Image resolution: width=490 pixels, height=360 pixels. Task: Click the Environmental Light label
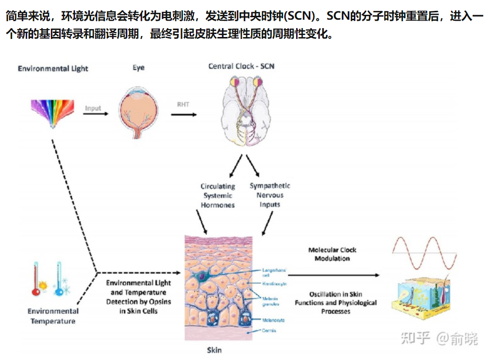(53, 68)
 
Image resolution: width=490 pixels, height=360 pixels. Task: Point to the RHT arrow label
(183, 105)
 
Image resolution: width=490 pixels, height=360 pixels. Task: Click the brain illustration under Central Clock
(246, 111)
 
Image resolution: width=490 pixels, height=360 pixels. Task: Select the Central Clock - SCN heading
(241, 66)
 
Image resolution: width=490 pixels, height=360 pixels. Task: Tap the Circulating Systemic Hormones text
(218, 195)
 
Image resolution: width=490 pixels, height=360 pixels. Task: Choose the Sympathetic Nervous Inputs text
(269, 195)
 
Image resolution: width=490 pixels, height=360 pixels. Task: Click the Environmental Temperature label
(53, 316)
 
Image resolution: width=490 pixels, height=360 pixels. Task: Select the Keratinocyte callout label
(275, 284)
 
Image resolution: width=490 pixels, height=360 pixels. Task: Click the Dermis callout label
(269, 330)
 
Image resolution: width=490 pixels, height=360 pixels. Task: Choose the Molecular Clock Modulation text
(332, 254)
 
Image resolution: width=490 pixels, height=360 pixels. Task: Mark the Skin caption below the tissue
(214, 350)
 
